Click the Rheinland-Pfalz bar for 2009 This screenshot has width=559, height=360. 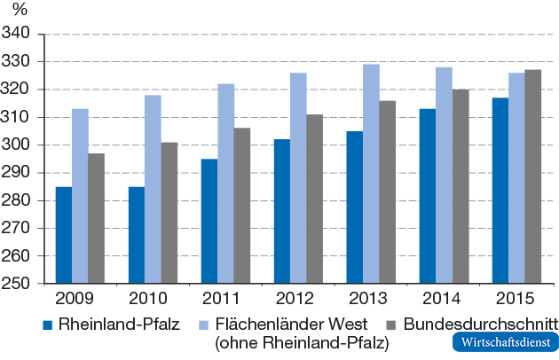[x=64, y=235]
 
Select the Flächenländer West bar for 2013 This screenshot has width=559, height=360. [x=371, y=174]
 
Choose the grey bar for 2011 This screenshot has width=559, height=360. [x=241, y=206]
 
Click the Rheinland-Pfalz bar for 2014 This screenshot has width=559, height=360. [x=427, y=196]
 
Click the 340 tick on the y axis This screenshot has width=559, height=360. [x=17, y=34]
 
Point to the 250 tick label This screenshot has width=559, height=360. [x=17, y=284]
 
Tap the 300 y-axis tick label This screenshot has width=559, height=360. [x=17, y=145]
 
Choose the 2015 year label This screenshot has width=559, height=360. [x=516, y=298]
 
